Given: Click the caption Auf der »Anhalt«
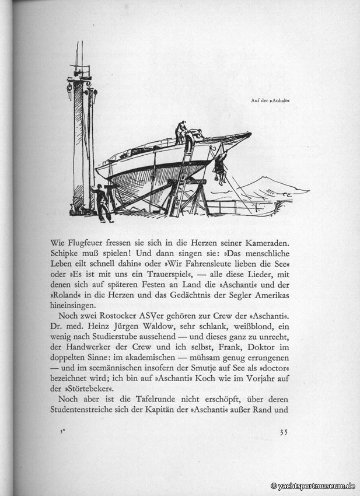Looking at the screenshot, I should pos(270,100).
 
